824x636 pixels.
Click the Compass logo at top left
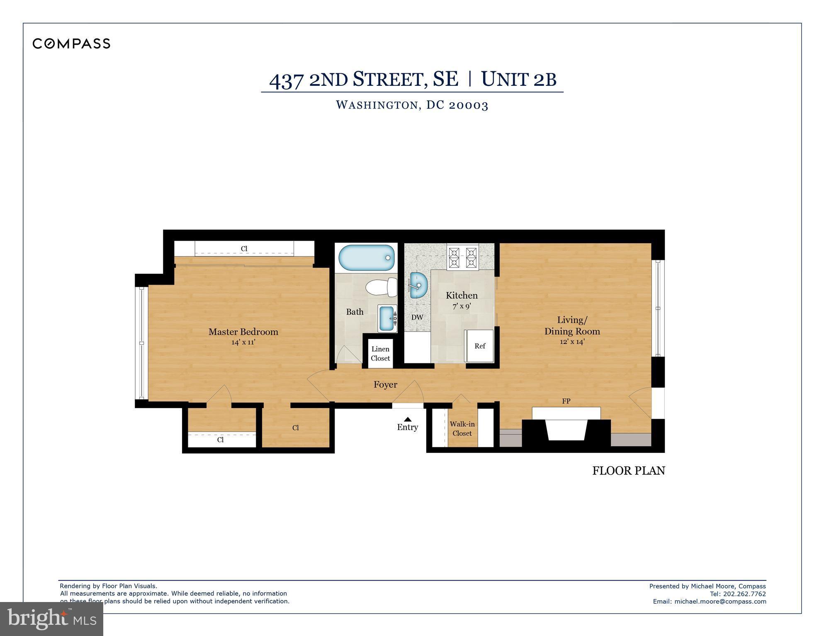(71, 44)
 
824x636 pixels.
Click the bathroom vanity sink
(387, 318)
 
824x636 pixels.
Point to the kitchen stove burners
(462, 257)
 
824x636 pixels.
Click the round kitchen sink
(418, 285)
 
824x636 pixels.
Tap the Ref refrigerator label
(480, 346)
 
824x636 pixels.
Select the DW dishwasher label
(417, 317)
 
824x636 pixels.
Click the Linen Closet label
(380, 353)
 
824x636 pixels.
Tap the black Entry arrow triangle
(408, 419)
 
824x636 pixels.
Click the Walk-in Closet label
(462, 429)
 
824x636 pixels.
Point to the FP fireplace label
(566, 401)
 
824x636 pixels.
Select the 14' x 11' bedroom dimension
(243, 342)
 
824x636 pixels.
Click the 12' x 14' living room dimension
(572, 342)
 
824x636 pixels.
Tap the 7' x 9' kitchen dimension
(462, 306)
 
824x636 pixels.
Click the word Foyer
(385, 385)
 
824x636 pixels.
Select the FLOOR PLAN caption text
(628, 471)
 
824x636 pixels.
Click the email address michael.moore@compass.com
(720, 601)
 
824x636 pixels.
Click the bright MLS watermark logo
(51, 619)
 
